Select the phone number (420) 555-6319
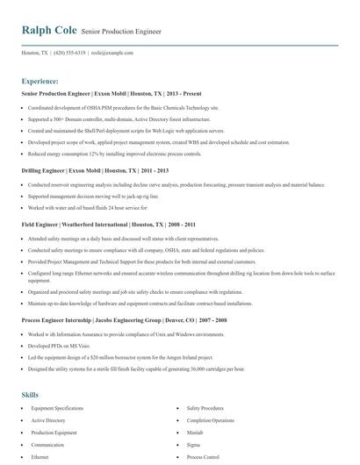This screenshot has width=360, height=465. pos(69,53)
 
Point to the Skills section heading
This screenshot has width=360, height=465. pos(30,370)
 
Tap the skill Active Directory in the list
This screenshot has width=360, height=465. pos(48,397)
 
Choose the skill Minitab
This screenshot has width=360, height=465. pos(195,420)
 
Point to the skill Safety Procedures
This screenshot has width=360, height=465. pos(205,384)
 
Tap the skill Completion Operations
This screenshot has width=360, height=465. pos(210,397)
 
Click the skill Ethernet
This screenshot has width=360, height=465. pos(40,457)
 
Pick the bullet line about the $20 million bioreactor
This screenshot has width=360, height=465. pos(131,358)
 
